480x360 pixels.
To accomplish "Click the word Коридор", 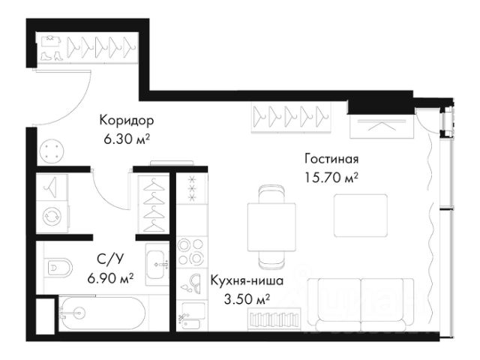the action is click(127, 120).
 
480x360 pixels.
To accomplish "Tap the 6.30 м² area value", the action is click(127, 139).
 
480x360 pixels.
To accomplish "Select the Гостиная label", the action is click(331, 159).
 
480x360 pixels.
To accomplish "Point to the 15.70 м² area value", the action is click(331, 178).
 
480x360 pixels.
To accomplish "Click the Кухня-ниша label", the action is click(247, 280).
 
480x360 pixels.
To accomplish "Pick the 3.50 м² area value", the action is click(247, 300).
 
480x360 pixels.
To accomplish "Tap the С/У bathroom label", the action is click(110, 259).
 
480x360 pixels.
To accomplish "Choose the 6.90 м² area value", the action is click(110, 278).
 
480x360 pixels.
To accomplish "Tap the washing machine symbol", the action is click(52, 217).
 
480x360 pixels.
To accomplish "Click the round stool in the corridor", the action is click(52, 151).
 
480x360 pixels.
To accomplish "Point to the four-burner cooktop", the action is click(192, 252).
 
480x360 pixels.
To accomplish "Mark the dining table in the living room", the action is click(271, 227).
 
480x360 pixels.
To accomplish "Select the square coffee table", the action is click(361, 215).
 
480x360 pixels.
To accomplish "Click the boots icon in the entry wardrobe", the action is click(51, 55).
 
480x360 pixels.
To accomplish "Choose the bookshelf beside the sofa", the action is click(274, 319).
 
